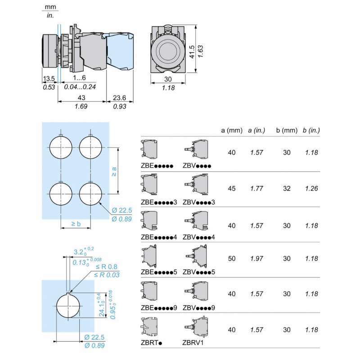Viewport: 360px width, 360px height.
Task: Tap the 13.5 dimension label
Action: pyautogui.click(x=49, y=79)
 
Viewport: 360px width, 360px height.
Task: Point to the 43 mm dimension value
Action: pyautogui.click(x=81, y=98)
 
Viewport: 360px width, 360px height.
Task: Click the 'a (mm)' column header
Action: pyautogui.click(x=231, y=130)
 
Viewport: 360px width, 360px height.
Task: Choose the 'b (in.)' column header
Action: pyautogui.click(x=311, y=130)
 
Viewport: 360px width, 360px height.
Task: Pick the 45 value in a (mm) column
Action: pyautogui.click(x=232, y=189)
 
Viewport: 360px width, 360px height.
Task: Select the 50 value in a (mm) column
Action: pyautogui.click(x=232, y=259)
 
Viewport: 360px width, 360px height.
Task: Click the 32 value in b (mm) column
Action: pyautogui.click(x=287, y=189)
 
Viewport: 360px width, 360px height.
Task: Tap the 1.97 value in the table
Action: pyautogui.click(x=257, y=259)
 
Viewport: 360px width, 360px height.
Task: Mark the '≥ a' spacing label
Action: pyautogui.click(x=114, y=171)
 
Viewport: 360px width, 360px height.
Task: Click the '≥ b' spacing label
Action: pyautogui.click(x=76, y=224)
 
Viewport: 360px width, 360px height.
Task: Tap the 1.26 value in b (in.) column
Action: pyautogui.click(x=311, y=189)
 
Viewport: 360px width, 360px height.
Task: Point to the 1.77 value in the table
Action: pyautogui.click(x=257, y=189)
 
